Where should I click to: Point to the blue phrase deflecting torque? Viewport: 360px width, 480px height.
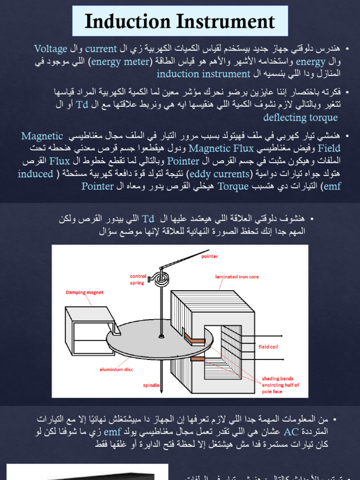[300, 117]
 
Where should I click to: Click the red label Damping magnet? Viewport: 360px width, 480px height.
[84, 292]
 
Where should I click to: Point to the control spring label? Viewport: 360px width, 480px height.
[138, 279]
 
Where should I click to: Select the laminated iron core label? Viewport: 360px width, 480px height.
[237, 277]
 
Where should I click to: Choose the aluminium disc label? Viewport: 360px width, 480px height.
[116, 369]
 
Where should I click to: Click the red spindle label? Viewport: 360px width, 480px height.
[151, 385]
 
